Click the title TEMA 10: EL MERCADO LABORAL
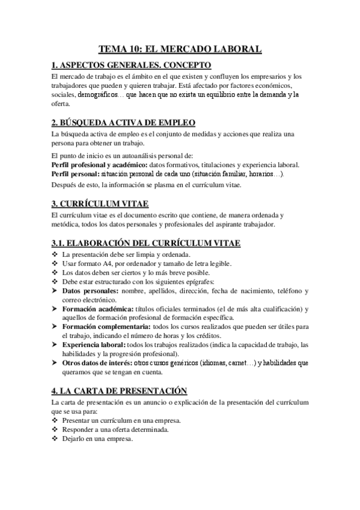[x=180, y=51]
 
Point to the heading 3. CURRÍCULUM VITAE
[x=101, y=203]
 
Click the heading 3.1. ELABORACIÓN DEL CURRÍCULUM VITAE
[x=146, y=243]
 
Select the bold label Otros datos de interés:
[x=97, y=363]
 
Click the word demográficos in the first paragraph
[x=99, y=95]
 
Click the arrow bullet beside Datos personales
[x=55, y=291]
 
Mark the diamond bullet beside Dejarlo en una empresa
[x=55, y=438]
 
